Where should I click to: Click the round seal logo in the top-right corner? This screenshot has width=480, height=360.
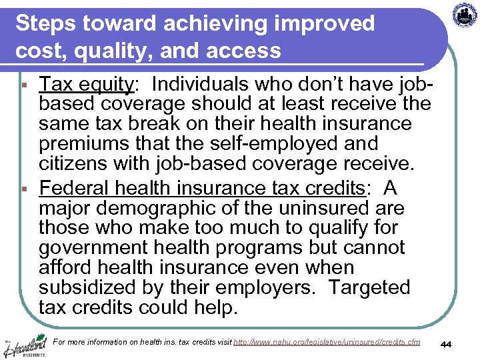[x=465, y=15]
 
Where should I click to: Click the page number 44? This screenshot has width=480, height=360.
[x=447, y=343]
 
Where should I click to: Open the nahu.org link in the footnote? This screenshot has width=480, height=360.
[x=327, y=342]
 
